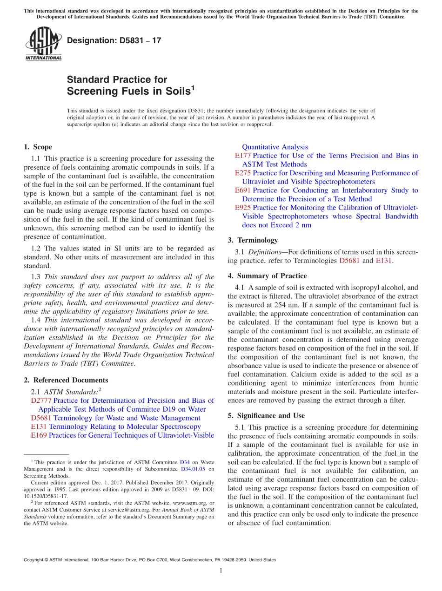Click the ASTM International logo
(43, 43)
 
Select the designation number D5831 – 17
(114, 40)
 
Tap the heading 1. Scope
(38, 147)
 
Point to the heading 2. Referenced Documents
(66, 380)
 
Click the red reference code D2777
(41, 401)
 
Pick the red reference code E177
(243, 156)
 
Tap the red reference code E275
(243, 173)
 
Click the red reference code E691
(243, 190)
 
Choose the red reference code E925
(243, 208)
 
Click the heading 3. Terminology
(253, 240)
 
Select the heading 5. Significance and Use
(266, 415)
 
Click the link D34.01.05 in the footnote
(194, 469)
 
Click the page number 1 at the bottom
(221, 571)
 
